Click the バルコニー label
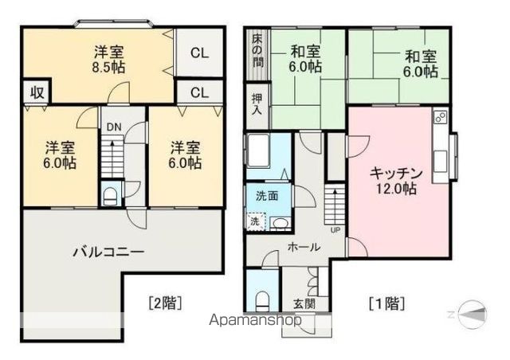108,252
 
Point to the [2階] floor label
167,303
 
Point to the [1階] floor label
386,303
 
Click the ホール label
304,247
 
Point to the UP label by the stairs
335,231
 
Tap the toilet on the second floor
112,193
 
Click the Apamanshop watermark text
254,322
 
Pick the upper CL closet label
198,54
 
